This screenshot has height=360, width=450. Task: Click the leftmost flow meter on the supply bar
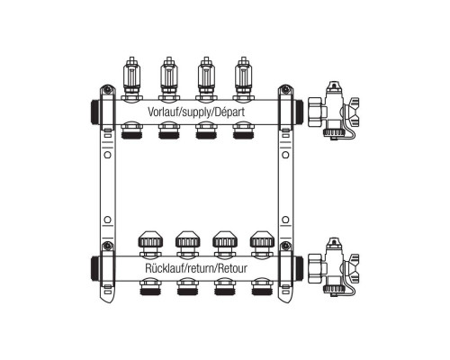pyautogui.click(x=131, y=78)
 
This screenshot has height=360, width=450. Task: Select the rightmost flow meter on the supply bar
pyautogui.click(x=243, y=78)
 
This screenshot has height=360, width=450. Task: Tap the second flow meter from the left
pyautogui.click(x=169, y=78)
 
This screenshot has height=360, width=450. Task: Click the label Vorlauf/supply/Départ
pyautogui.click(x=196, y=112)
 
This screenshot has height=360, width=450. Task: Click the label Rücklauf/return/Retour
pyautogui.click(x=196, y=268)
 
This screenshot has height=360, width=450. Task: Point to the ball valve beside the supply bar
pyautogui.click(x=333, y=111)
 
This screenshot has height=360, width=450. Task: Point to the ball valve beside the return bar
pyautogui.click(x=333, y=267)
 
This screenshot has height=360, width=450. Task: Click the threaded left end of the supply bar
pyautogui.click(x=94, y=112)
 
